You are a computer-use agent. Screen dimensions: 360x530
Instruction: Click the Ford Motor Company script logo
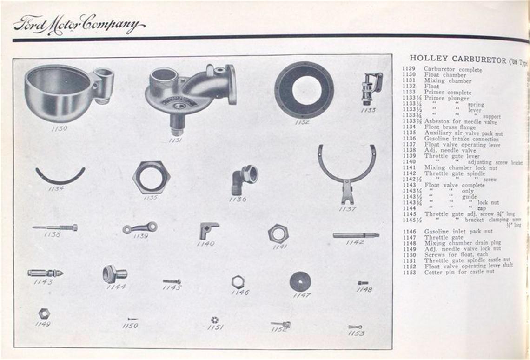click(x=78, y=25)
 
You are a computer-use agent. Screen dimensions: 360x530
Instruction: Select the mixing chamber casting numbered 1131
click(x=186, y=91)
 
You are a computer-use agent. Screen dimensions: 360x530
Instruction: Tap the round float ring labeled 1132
click(x=304, y=90)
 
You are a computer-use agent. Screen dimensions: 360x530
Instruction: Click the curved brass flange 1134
click(x=60, y=177)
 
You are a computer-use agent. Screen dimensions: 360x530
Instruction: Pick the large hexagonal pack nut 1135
click(x=151, y=177)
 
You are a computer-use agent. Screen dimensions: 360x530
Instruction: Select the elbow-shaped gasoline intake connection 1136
click(x=244, y=179)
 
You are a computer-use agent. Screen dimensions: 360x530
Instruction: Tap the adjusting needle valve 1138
click(x=55, y=227)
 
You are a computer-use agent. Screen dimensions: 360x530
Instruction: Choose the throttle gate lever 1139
click(x=140, y=227)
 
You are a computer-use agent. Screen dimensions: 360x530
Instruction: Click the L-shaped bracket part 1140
click(x=208, y=230)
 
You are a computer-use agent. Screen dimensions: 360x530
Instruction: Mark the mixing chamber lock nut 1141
click(x=278, y=233)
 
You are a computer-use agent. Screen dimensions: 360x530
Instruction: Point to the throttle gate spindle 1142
click(x=356, y=235)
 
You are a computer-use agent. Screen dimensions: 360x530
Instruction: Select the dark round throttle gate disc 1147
click(x=300, y=281)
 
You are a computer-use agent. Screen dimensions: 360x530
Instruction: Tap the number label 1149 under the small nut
click(x=43, y=324)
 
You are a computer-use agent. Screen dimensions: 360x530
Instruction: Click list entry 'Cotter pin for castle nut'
click(x=458, y=272)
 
